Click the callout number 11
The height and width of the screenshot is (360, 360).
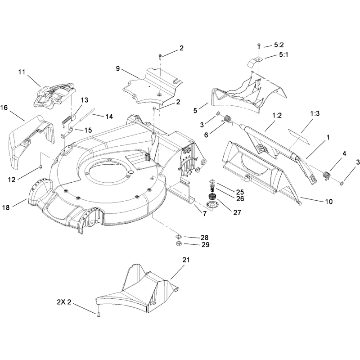(22, 72)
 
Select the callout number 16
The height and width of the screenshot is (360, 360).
(4, 108)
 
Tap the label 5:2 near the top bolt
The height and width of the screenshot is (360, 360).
(279, 45)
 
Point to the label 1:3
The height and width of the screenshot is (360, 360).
(315, 113)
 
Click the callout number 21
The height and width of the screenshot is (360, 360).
(186, 260)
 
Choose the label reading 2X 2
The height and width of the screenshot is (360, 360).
(64, 302)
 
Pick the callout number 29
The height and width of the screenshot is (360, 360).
(206, 245)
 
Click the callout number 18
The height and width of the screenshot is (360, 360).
(6, 207)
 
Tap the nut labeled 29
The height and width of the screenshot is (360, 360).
(179, 243)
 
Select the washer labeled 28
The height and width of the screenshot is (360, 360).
(179, 237)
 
